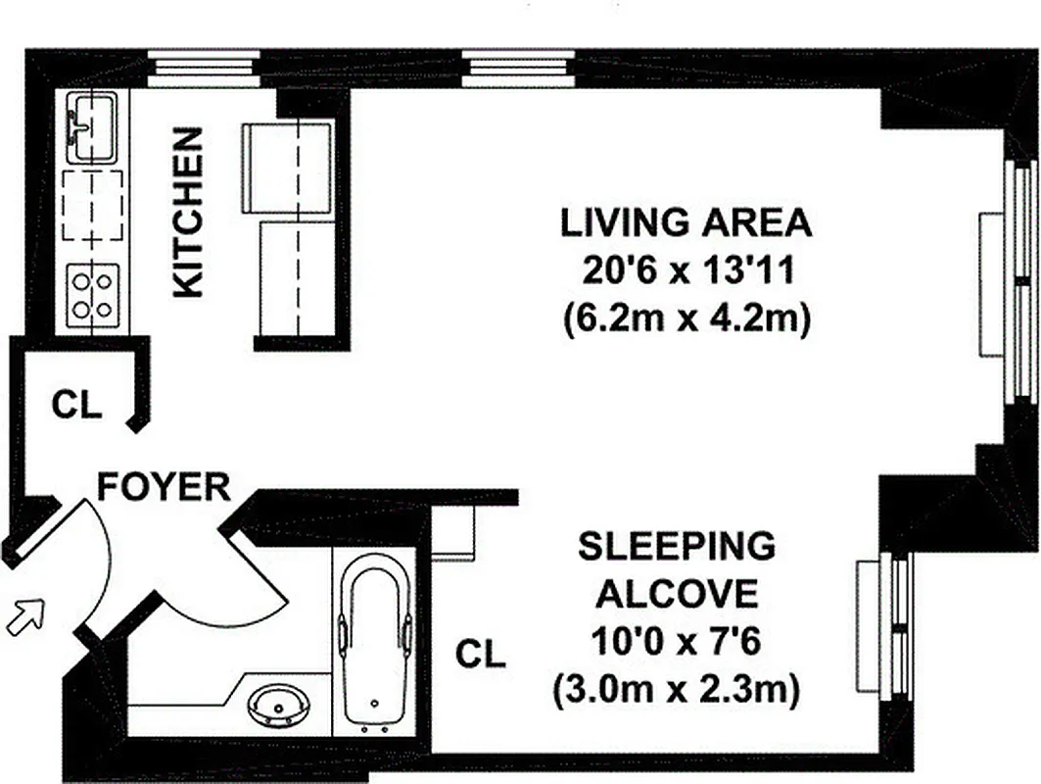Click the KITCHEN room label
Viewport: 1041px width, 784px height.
(x=188, y=212)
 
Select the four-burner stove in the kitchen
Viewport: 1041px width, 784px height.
(x=92, y=293)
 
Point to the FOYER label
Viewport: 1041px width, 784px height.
(x=165, y=487)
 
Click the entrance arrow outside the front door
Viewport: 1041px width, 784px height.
(x=27, y=617)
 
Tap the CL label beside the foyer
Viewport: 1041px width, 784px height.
(x=76, y=406)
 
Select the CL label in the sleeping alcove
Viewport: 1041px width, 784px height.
(x=481, y=655)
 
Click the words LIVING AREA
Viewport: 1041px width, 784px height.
(x=686, y=223)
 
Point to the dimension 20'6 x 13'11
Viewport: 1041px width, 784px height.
(x=686, y=271)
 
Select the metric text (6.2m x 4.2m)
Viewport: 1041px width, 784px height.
(x=686, y=320)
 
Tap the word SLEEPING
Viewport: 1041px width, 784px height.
(x=677, y=546)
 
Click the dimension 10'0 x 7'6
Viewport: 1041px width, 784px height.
(x=677, y=643)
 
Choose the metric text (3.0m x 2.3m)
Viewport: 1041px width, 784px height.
(x=677, y=692)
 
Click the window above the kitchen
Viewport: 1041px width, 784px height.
(x=203, y=70)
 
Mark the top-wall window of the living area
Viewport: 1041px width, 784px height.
(x=519, y=70)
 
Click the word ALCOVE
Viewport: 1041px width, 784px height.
(x=677, y=594)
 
